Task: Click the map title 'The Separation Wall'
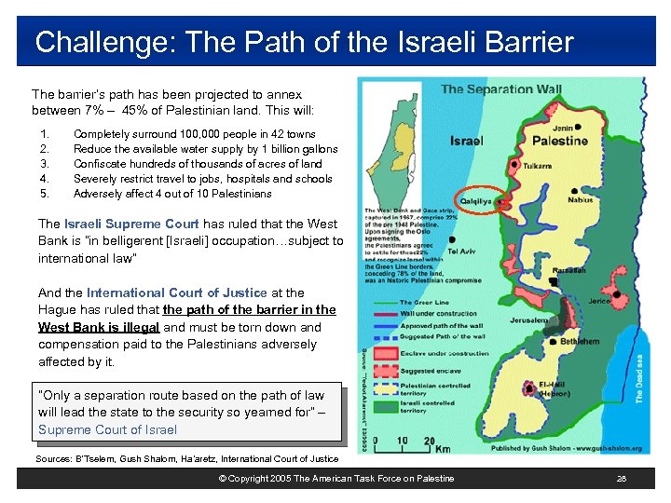500,90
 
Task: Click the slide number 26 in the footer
621,478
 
